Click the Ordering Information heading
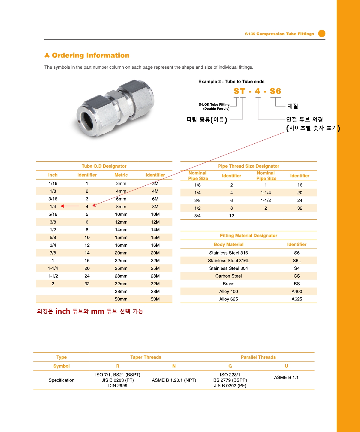coord(90,55)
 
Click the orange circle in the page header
coord(322,33)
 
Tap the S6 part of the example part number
coord(275,91)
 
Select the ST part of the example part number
coord(239,91)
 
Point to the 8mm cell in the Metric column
coord(121,207)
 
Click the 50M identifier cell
coord(155,299)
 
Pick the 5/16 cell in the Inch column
coord(53,214)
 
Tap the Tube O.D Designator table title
coord(104,166)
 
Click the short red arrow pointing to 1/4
coord(70,206)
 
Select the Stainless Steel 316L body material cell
coord(229,261)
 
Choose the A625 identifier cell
coord(297,299)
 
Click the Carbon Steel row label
coord(229,276)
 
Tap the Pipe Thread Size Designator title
coord(249,166)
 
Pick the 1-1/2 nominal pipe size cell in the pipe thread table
coord(266,200)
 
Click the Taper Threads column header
coord(146,357)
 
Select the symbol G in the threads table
coord(230,366)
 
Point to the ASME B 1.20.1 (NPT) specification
coord(174,380)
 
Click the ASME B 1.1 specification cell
coord(286,377)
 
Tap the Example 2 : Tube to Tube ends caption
coord(231,81)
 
